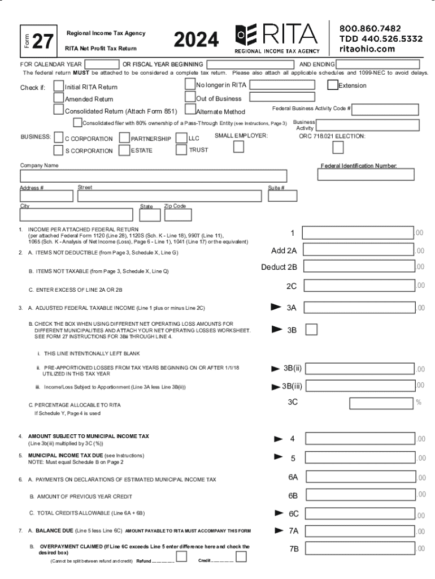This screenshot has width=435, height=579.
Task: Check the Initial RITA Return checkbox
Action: click(59, 86)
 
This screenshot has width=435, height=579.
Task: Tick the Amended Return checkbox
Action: click(59, 98)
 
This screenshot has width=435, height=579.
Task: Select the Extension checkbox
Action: click(333, 85)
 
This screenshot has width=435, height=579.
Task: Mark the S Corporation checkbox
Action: click(59, 150)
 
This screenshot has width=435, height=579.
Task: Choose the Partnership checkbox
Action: click(124, 139)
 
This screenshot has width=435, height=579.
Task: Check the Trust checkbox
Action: click(181, 150)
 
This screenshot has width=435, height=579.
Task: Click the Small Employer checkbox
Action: click(239, 147)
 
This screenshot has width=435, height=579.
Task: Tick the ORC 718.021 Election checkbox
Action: click(338, 148)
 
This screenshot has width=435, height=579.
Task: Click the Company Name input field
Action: click(154, 176)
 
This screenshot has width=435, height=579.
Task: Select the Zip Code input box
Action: click(177, 215)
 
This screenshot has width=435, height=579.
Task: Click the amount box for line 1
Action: click(358, 233)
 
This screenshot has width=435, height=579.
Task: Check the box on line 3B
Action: click(311, 329)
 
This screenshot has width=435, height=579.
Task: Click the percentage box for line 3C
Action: click(381, 403)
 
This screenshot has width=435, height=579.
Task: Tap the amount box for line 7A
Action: click(358, 530)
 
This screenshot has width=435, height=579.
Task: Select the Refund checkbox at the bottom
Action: click(181, 557)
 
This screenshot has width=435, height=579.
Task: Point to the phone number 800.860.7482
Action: click(370, 28)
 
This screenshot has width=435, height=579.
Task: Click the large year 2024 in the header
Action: click(196, 40)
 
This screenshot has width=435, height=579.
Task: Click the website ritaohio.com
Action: click(367, 49)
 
